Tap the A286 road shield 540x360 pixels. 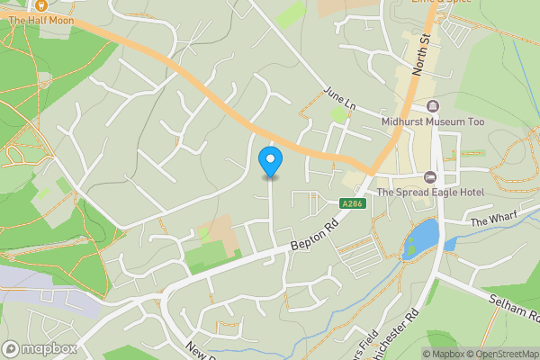tap(352, 204)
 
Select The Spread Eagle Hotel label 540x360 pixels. tap(430, 192)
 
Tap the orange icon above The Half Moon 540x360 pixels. tap(40, 5)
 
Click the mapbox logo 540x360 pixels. tap(40, 348)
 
